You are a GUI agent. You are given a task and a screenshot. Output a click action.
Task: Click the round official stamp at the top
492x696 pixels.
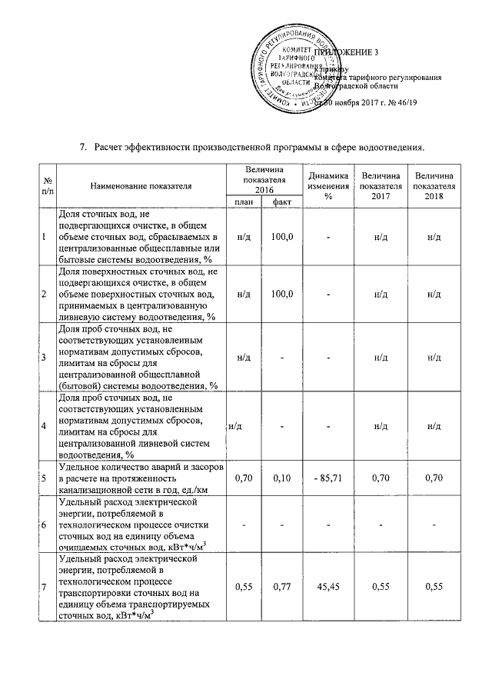pyautogui.click(x=291, y=69)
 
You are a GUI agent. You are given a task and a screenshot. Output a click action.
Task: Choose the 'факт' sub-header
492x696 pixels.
pyautogui.click(x=281, y=201)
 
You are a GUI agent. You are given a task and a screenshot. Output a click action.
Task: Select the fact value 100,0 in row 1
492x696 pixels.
pyautogui.click(x=281, y=236)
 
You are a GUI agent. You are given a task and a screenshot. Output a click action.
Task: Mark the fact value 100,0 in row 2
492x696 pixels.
pyautogui.click(x=281, y=294)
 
